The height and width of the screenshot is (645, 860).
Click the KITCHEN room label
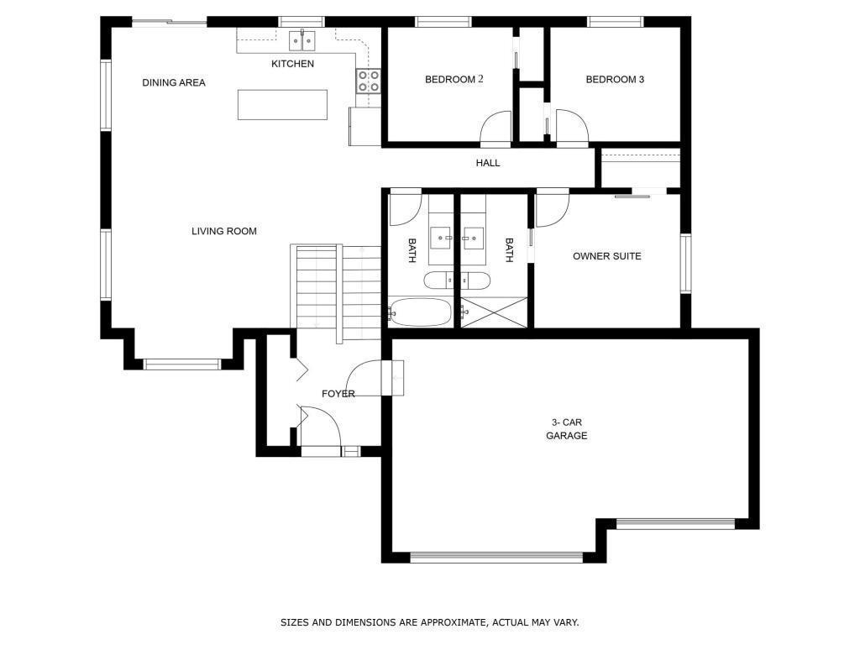(x=292, y=64)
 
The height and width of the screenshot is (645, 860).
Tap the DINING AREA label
(x=174, y=82)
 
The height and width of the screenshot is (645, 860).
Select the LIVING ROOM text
(x=223, y=231)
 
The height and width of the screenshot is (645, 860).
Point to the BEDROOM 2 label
(x=454, y=80)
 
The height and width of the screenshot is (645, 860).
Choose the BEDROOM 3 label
(x=615, y=80)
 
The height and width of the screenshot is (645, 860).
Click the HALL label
(x=488, y=163)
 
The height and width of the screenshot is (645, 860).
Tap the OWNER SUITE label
(x=606, y=256)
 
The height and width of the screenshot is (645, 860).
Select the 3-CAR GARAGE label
(x=566, y=429)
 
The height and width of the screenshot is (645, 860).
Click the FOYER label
(x=338, y=394)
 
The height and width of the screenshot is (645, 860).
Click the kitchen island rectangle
(x=282, y=105)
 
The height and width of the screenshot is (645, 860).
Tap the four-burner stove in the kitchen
(x=369, y=81)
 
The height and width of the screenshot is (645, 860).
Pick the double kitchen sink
(x=302, y=39)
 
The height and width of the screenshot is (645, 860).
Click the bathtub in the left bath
(x=420, y=312)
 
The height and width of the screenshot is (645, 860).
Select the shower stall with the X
(x=494, y=312)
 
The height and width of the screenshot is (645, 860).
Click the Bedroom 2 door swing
(x=496, y=129)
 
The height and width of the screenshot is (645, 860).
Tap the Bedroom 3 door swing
(x=571, y=129)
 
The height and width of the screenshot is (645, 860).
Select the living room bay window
(x=182, y=364)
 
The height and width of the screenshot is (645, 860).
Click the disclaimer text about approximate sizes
(x=429, y=622)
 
